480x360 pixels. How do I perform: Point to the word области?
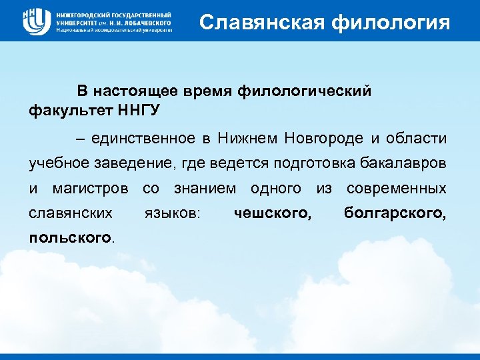click(415, 138)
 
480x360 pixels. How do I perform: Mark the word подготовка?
click(301, 163)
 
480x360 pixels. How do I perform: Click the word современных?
click(397, 189)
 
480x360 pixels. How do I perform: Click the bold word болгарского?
click(395, 213)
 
